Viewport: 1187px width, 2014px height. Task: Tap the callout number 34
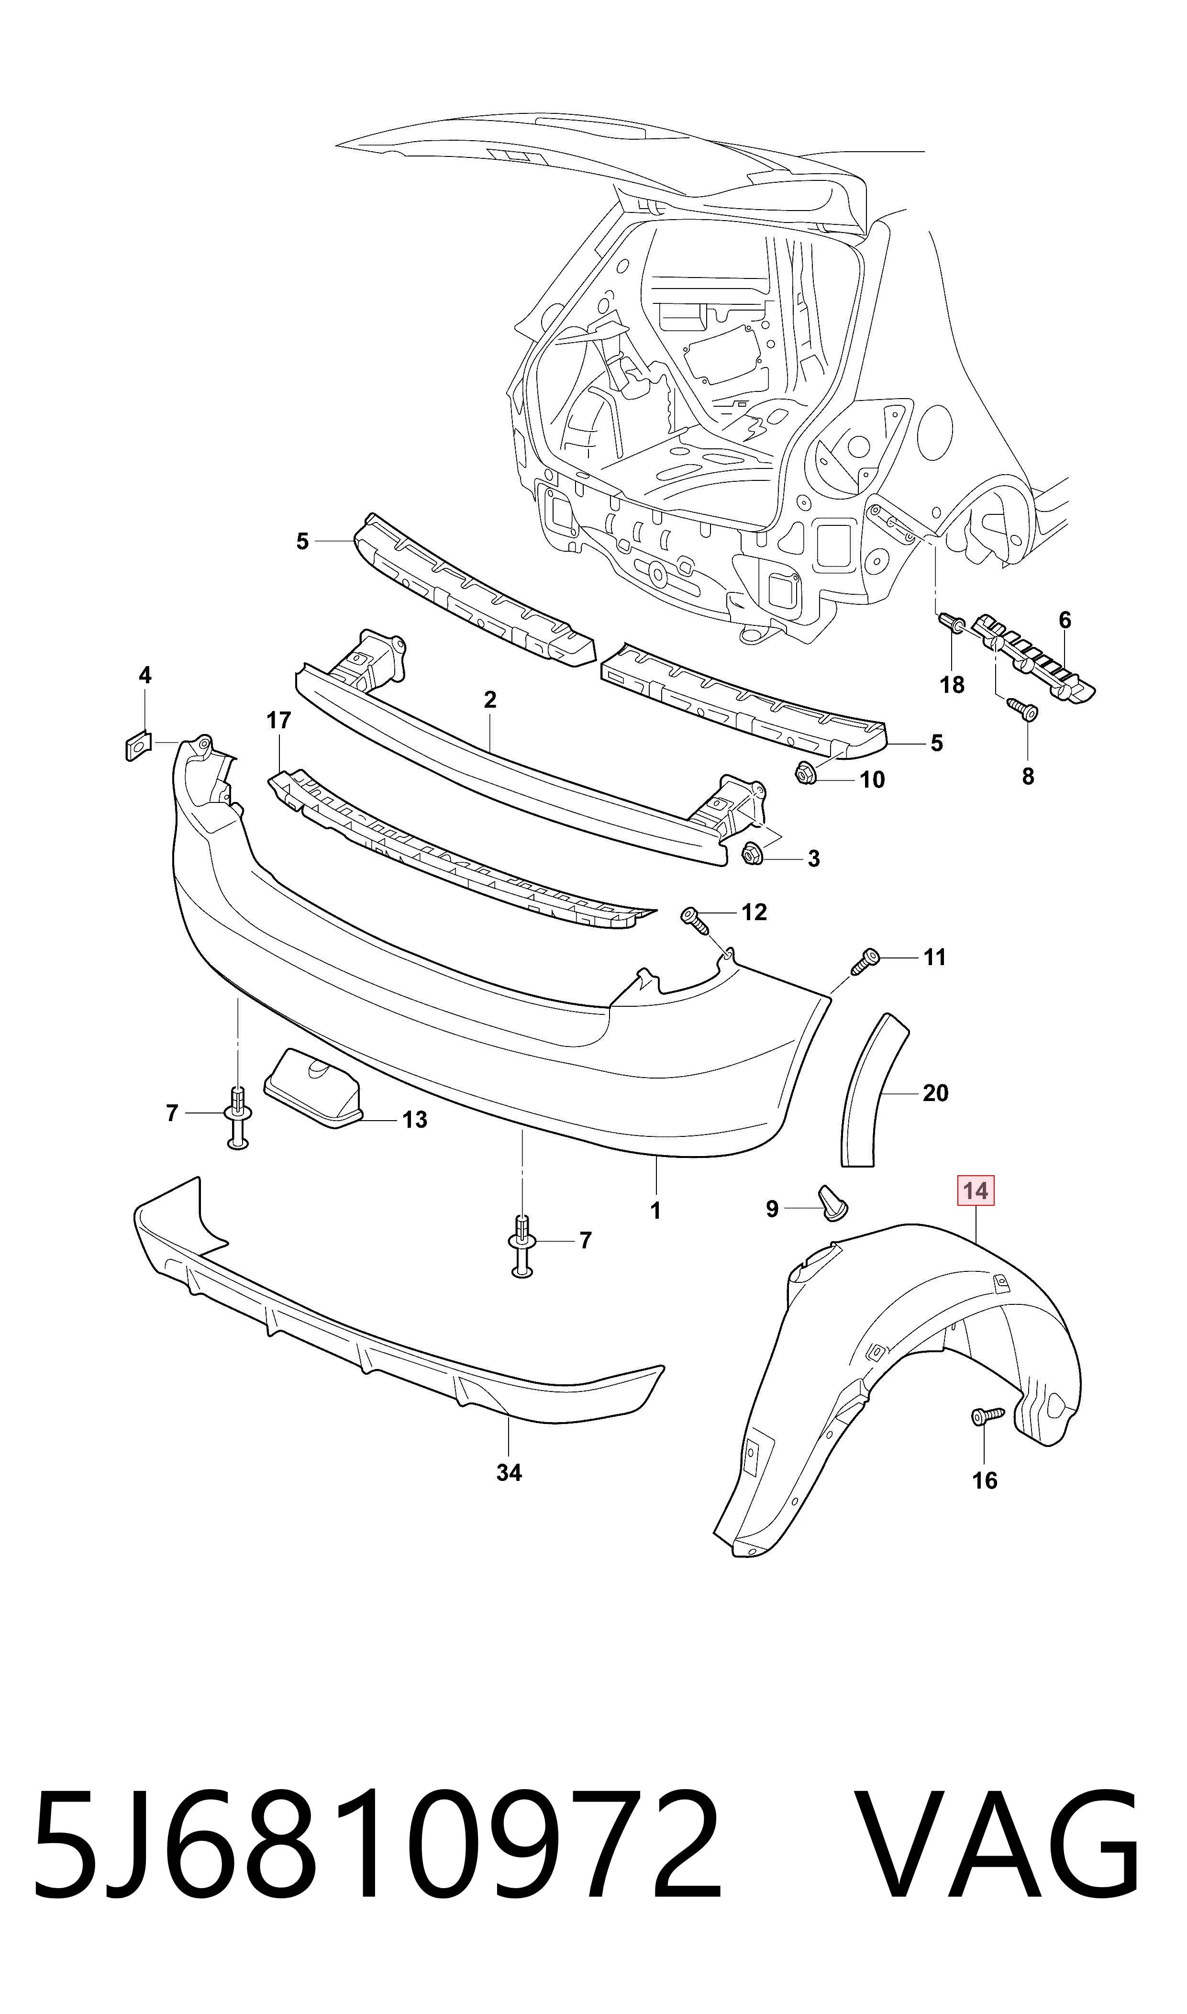[509, 1472]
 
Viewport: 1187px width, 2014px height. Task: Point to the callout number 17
[278, 721]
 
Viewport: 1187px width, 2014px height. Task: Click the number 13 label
[414, 1120]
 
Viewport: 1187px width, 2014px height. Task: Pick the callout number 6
[1065, 620]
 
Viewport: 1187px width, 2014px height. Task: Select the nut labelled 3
[752, 854]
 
